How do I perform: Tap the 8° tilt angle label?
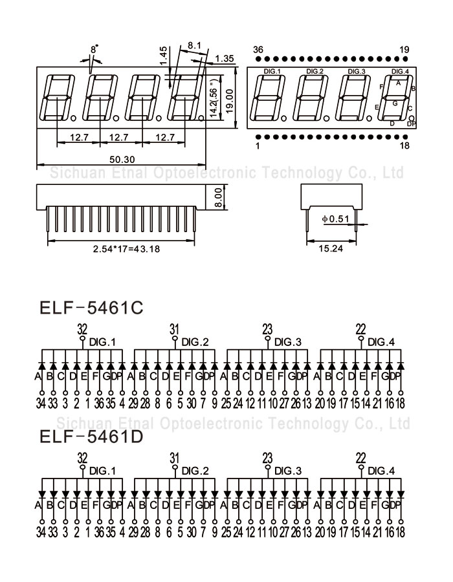(94, 49)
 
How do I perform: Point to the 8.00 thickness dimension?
(218, 195)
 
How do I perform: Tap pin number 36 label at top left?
(258, 50)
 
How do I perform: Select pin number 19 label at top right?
(404, 50)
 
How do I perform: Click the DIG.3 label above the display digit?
(357, 71)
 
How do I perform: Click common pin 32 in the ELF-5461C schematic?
(82, 328)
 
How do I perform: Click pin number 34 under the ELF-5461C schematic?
(41, 404)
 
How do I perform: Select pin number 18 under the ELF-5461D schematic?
(400, 532)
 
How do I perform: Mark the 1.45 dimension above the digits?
(163, 57)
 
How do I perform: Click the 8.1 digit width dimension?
(194, 46)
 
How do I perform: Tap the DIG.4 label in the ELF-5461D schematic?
(381, 471)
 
